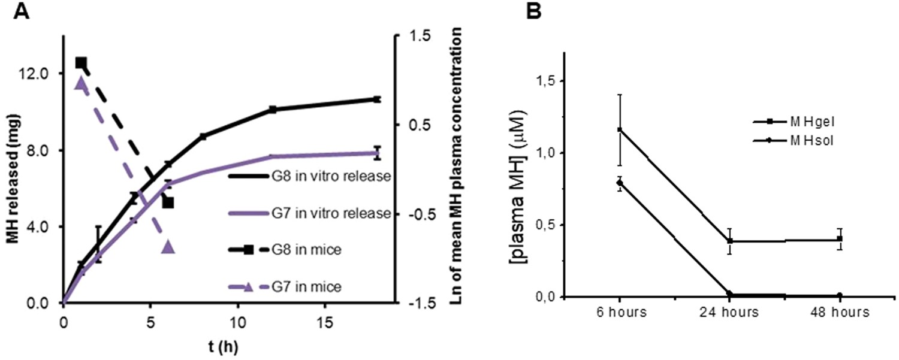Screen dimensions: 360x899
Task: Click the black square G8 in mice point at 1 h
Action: point(81,62)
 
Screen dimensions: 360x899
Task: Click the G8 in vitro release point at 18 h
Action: point(376,99)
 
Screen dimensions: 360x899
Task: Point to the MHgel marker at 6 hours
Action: point(619,129)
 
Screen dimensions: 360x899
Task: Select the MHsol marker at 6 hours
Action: point(619,183)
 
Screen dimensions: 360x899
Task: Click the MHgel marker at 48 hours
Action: point(840,239)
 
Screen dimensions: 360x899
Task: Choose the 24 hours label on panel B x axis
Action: point(729,313)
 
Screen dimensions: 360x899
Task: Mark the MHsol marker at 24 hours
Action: point(729,294)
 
